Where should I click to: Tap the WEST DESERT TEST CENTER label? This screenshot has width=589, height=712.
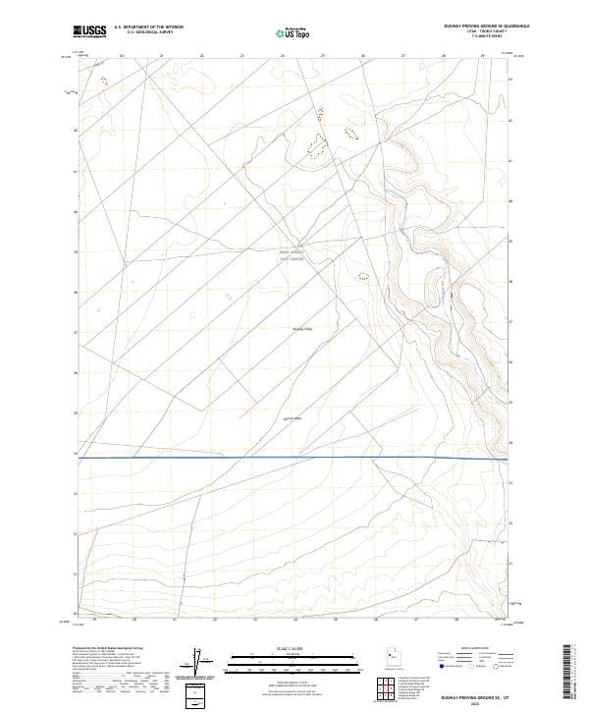(293, 253)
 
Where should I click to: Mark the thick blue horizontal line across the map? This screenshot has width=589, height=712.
(294, 457)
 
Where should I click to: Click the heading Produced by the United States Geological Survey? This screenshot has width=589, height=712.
(118, 649)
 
